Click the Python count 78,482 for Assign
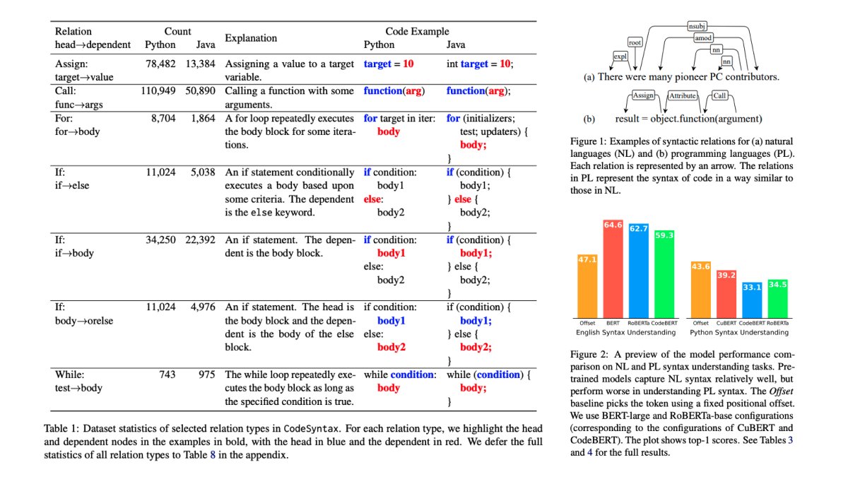tap(160, 64)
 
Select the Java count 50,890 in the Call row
tap(200, 91)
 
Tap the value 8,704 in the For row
tap(163, 118)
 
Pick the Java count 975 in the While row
tap(206, 375)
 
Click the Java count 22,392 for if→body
tap(200, 240)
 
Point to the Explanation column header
tap(251, 38)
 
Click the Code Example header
tap(417, 31)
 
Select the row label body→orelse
tap(84, 321)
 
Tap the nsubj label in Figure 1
tap(697, 26)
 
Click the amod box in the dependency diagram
tap(703, 38)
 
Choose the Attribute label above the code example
tap(682, 96)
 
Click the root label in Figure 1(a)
tap(635, 42)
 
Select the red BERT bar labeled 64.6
tap(613, 269)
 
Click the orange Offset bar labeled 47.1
tap(587, 286)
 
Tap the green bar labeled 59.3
tap(664, 274)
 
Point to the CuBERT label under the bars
tap(726, 323)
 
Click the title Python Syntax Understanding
tap(739, 332)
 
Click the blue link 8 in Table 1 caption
tap(213, 454)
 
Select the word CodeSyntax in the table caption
tap(311, 428)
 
